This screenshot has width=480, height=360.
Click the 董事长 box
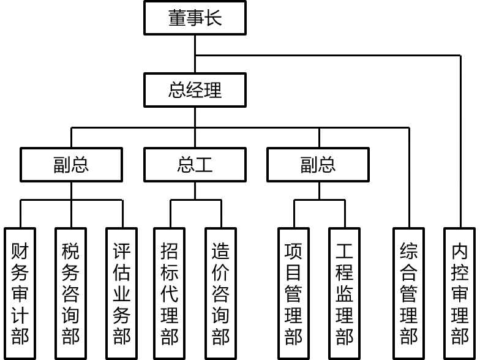pyautogui.click(x=195, y=18)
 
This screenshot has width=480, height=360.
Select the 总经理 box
pyautogui.click(x=195, y=90)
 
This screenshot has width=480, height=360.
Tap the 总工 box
pyautogui.click(x=195, y=165)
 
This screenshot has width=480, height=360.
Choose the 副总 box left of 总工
pyautogui.click(x=71, y=165)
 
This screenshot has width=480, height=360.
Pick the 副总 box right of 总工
pyautogui.click(x=318, y=165)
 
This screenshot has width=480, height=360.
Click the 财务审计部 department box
pyautogui.click(x=20, y=293)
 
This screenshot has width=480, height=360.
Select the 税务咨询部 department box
pyautogui.click(x=71, y=293)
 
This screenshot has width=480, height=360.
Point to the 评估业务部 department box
pyautogui.click(x=122, y=293)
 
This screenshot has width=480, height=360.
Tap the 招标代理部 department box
pyautogui.click(x=170, y=293)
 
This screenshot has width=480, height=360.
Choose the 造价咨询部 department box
pyautogui.click(x=220, y=293)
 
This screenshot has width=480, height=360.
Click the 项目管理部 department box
pyautogui.click(x=293, y=293)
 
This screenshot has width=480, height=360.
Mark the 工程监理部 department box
pyautogui.click(x=344, y=293)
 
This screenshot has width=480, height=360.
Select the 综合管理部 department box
pyautogui.click(x=408, y=293)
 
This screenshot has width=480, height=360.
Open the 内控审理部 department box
pyautogui.click(x=459, y=293)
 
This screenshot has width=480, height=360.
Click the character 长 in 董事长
pyautogui.click(x=213, y=18)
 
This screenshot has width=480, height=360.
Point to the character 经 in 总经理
pyautogui.click(x=195, y=90)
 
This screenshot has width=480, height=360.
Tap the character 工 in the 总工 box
pyautogui.click(x=204, y=165)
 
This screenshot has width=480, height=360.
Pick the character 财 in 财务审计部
pyautogui.click(x=20, y=251)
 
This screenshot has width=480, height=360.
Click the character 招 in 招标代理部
pyautogui.click(x=170, y=251)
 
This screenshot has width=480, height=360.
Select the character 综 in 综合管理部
pyautogui.click(x=408, y=251)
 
